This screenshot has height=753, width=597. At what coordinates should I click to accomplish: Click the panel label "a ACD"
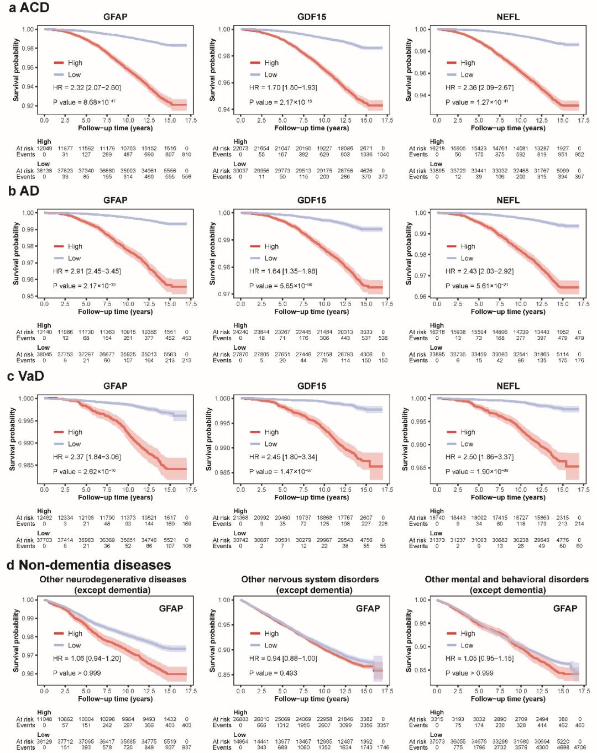[29, 8]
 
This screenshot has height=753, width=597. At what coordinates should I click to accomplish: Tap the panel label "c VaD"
[25, 376]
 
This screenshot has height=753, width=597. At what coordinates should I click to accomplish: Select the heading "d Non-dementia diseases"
[88, 565]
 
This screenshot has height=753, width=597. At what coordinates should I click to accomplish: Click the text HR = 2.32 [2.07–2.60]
[87, 88]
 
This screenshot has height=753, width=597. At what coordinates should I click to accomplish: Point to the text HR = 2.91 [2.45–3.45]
[87, 271]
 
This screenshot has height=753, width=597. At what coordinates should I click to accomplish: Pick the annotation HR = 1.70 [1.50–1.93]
[283, 88]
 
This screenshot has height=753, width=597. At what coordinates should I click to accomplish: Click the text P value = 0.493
[273, 673]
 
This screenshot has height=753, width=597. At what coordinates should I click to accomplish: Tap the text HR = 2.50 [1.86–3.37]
[479, 457]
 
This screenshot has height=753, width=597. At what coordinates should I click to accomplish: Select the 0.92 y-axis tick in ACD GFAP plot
[28, 106]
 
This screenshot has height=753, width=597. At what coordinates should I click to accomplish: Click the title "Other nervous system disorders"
[310, 580]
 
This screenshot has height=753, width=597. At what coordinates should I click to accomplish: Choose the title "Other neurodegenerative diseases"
[113, 580]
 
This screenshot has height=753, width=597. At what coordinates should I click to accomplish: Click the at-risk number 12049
[44, 149]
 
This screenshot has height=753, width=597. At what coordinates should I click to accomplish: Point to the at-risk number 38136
[44, 171]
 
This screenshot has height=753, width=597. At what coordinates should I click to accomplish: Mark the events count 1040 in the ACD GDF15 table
[383, 155]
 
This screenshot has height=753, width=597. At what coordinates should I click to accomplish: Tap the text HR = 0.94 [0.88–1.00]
[283, 659]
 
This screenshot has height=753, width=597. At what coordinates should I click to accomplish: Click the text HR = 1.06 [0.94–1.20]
[87, 659]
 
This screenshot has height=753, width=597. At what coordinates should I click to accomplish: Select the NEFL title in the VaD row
[508, 386]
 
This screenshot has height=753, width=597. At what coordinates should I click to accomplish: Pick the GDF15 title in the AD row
[312, 201]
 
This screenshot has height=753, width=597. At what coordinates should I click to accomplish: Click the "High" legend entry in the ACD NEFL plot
[468, 63]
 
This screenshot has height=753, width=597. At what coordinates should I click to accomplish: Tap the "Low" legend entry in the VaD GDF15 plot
[271, 444]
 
